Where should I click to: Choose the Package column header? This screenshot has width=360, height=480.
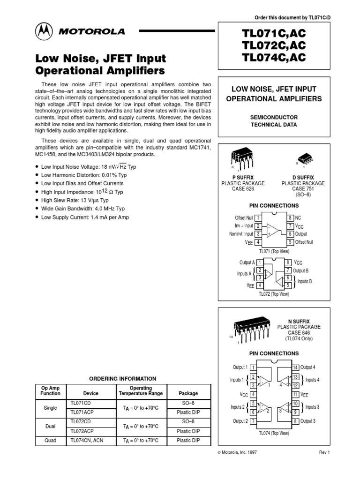click(x=188, y=393)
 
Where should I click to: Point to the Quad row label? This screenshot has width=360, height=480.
click(x=50, y=441)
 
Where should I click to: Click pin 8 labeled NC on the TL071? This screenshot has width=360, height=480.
click(x=291, y=218)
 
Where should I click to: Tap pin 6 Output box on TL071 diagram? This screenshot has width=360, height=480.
click(x=291, y=234)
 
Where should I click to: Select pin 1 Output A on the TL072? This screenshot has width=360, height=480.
click(x=260, y=262)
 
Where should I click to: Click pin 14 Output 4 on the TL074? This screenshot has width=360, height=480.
click(x=296, y=367)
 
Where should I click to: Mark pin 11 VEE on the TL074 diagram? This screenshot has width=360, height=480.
click(x=296, y=395)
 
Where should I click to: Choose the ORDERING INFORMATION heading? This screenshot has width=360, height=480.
click(x=123, y=378)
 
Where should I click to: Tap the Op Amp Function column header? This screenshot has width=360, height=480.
click(x=50, y=391)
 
